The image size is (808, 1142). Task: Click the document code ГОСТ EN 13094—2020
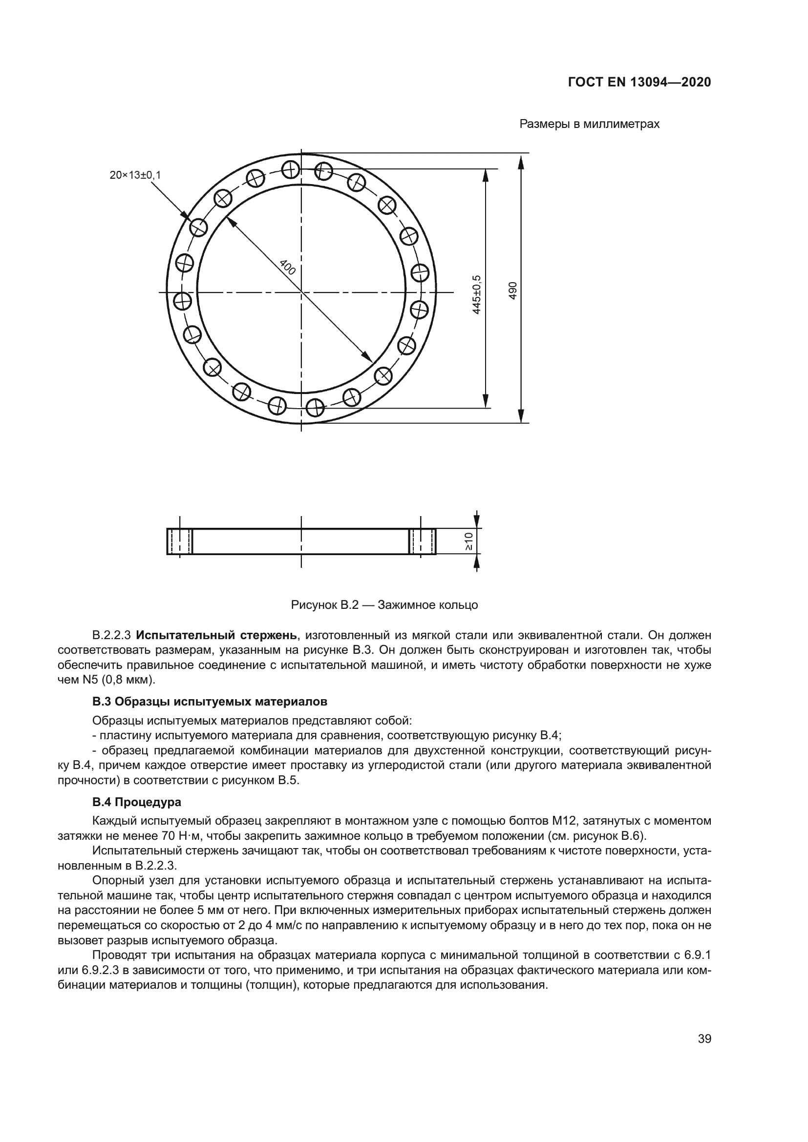pyautogui.click(x=639, y=82)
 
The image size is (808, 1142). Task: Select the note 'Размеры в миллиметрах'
pyautogui.click(x=589, y=124)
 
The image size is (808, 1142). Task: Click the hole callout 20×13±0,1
pyautogui.click(x=135, y=175)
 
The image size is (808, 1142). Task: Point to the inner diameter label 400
pyautogui.click(x=287, y=267)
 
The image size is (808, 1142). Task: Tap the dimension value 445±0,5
pyautogui.click(x=477, y=294)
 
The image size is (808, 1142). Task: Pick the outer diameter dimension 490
pyautogui.click(x=513, y=291)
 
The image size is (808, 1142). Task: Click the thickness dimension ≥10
pyautogui.click(x=468, y=541)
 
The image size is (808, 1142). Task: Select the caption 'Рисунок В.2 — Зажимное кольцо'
pyautogui.click(x=384, y=605)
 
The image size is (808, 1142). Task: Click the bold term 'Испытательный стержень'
pyautogui.click(x=217, y=635)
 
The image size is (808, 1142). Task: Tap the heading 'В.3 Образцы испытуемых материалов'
pyautogui.click(x=210, y=702)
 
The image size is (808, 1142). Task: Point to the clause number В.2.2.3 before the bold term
pyautogui.click(x=111, y=635)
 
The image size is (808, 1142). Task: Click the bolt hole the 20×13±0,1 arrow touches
pyautogui.click(x=198, y=228)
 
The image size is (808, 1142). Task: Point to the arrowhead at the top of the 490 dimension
pyautogui.click(x=521, y=161)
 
